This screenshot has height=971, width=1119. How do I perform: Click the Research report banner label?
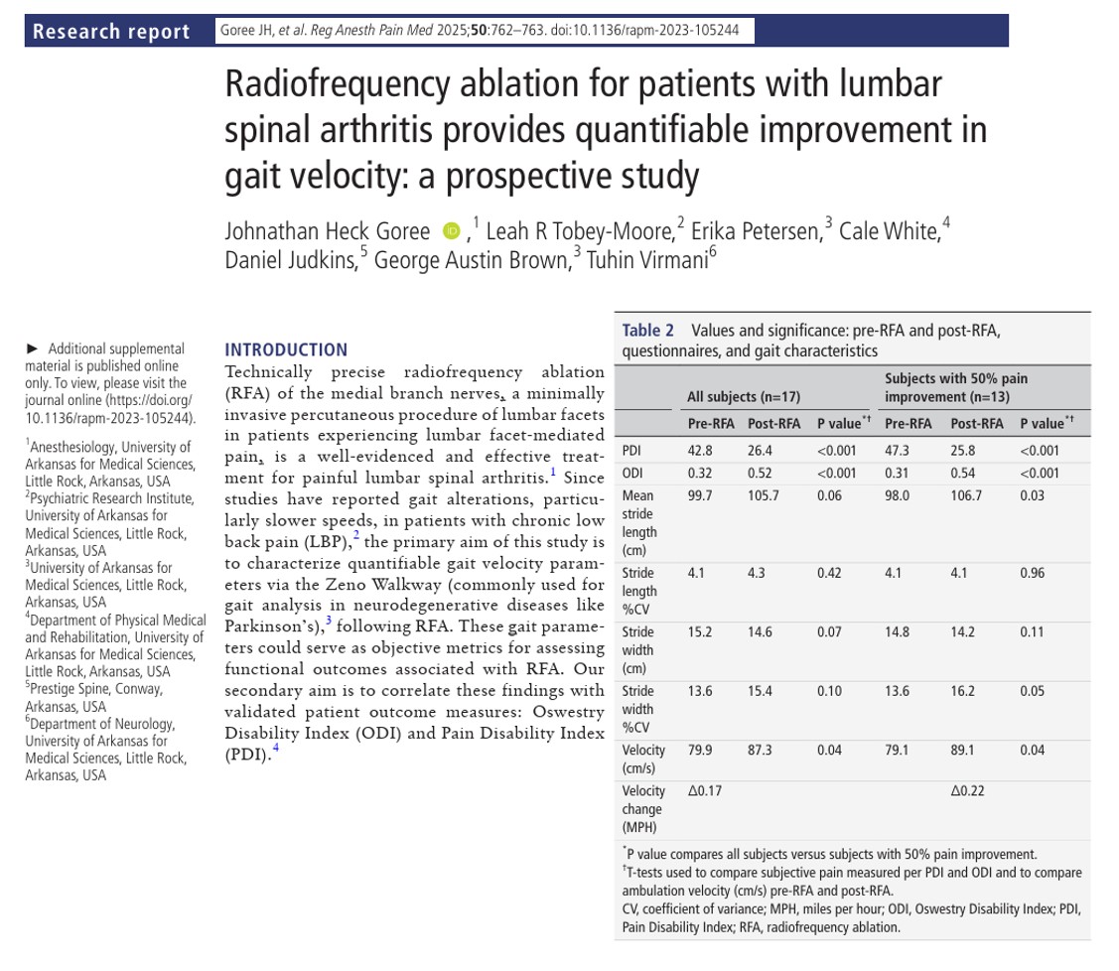tap(110, 32)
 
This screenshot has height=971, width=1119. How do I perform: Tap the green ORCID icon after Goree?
tap(452, 232)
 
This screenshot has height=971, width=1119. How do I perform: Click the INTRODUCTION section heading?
tap(286, 349)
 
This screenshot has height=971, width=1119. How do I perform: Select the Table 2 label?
tap(647, 331)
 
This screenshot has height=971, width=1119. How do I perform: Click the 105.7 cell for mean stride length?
tap(764, 495)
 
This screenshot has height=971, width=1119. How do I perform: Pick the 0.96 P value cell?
tap(1032, 573)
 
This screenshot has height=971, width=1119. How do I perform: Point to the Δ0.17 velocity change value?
tap(705, 791)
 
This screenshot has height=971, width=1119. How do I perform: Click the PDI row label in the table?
tap(631, 451)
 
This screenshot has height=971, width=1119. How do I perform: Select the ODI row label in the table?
tap(631, 473)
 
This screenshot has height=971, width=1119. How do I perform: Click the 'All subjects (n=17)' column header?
tap(743, 397)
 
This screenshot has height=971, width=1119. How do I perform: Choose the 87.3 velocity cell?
tap(760, 751)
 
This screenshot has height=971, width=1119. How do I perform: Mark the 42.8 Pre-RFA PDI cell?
tap(700, 451)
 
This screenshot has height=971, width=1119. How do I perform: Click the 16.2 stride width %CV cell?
tap(962, 691)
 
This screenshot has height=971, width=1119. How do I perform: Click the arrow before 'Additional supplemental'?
tap(33, 348)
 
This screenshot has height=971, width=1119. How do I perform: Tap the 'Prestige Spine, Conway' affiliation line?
tap(95, 689)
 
